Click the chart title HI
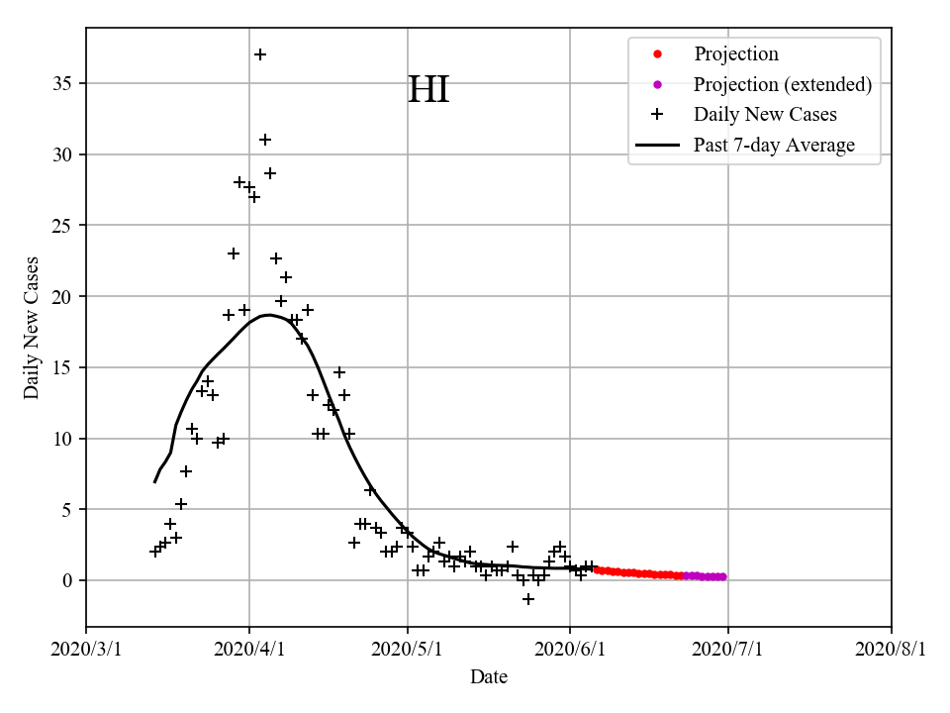tap(428, 90)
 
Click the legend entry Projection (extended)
tap(782, 84)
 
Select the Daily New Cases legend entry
tap(765, 114)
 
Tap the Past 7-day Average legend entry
tap(774, 146)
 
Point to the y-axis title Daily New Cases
tap(32, 328)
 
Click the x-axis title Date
tap(489, 677)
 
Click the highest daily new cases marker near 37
tap(260, 54)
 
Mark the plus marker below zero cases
tap(528, 599)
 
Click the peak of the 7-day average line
tap(267, 315)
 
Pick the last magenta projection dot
tap(722, 576)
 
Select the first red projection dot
tap(597, 569)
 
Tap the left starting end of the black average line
tap(155, 481)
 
